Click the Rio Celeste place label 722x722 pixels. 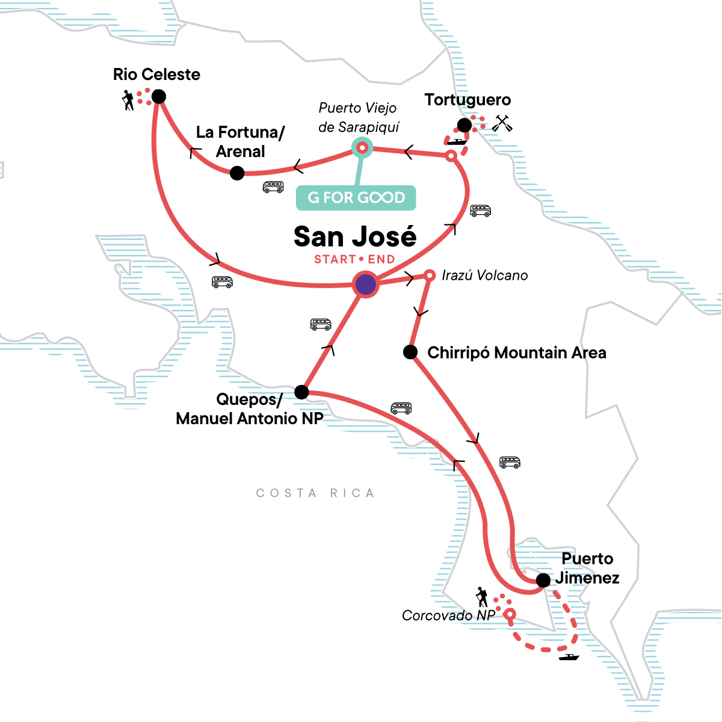pyautogui.click(x=156, y=75)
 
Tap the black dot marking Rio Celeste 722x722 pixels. pyautogui.click(x=159, y=96)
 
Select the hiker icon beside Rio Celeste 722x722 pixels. pyautogui.click(x=128, y=100)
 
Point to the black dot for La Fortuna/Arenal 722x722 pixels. pyautogui.click(x=237, y=173)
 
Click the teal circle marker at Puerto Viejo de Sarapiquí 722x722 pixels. pyautogui.click(x=362, y=147)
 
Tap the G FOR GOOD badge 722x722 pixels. pyautogui.click(x=356, y=197)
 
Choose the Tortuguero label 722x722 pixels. pyautogui.click(x=467, y=100)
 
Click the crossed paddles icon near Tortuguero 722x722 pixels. pyautogui.click(x=502, y=123)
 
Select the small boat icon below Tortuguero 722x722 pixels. pyautogui.click(x=458, y=142)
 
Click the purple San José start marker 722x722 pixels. pyautogui.click(x=365, y=285)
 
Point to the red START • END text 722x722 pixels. pyautogui.click(x=354, y=259)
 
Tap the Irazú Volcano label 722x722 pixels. pyautogui.click(x=484, y=276)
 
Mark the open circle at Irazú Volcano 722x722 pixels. pyautogui.click(x=430, y=276)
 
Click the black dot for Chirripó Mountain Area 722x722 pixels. pyautogui.click(x=410, y=352)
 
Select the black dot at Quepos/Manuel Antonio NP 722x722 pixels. pyautogui.click(x=301, y=393)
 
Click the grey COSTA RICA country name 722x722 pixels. pyautogui.click(x=315, y=493)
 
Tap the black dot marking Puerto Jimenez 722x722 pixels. pyautogui.click(x=543, y=580)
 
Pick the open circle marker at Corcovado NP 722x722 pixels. pyautogui.click(x=510, y=614)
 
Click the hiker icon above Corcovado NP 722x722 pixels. pyautogui.click(x=481, y=597)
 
